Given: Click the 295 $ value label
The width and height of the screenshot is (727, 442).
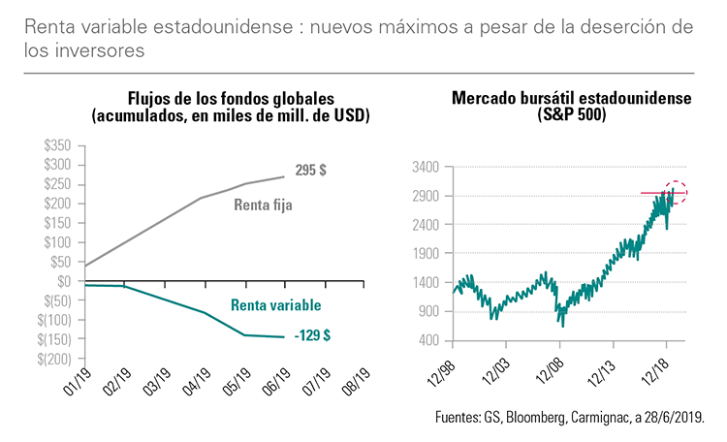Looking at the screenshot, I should click(x=310, y=170).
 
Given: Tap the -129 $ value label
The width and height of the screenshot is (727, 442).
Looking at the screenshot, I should click(x=313, y=335).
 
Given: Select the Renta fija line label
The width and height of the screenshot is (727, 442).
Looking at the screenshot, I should click(x=263, y=205).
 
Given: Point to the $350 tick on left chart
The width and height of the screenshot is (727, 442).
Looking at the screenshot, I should click(x=57, y=145).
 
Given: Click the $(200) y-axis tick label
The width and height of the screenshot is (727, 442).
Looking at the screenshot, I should click(x=55, y=359).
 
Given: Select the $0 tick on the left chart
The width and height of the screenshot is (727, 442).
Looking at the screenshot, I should click(x=64, y=281).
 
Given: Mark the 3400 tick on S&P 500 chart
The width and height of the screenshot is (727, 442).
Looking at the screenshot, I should click(x=427, y=167).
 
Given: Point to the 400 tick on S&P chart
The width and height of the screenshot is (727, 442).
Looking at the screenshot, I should click(x=430, y=341).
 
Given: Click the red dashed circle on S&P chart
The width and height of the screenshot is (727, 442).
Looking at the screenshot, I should click(x=676, y=192).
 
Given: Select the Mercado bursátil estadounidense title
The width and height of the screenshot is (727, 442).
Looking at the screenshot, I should click(x=573, y=100).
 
